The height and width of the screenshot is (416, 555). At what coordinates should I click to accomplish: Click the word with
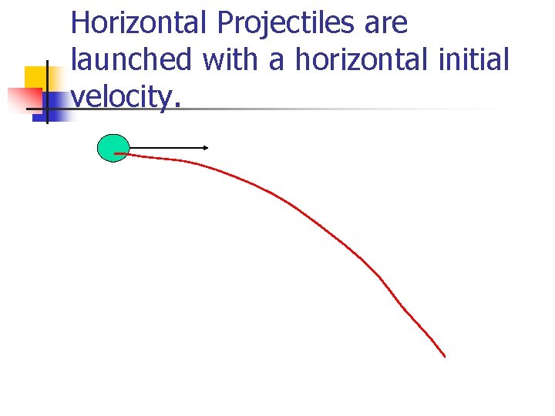tap(232, 59)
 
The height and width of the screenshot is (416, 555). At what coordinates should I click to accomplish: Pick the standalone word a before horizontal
tap(277, 62)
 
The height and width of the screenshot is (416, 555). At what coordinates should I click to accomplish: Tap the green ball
tap(113, 147)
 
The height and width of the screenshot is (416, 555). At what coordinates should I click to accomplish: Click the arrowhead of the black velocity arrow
tap(207, 146)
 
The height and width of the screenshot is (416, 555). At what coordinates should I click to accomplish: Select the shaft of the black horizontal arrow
tap(166, 146)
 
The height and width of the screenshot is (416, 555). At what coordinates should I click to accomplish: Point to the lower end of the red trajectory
tap(445, 356)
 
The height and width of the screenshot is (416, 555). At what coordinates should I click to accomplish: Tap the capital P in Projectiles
tap(224, 23)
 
